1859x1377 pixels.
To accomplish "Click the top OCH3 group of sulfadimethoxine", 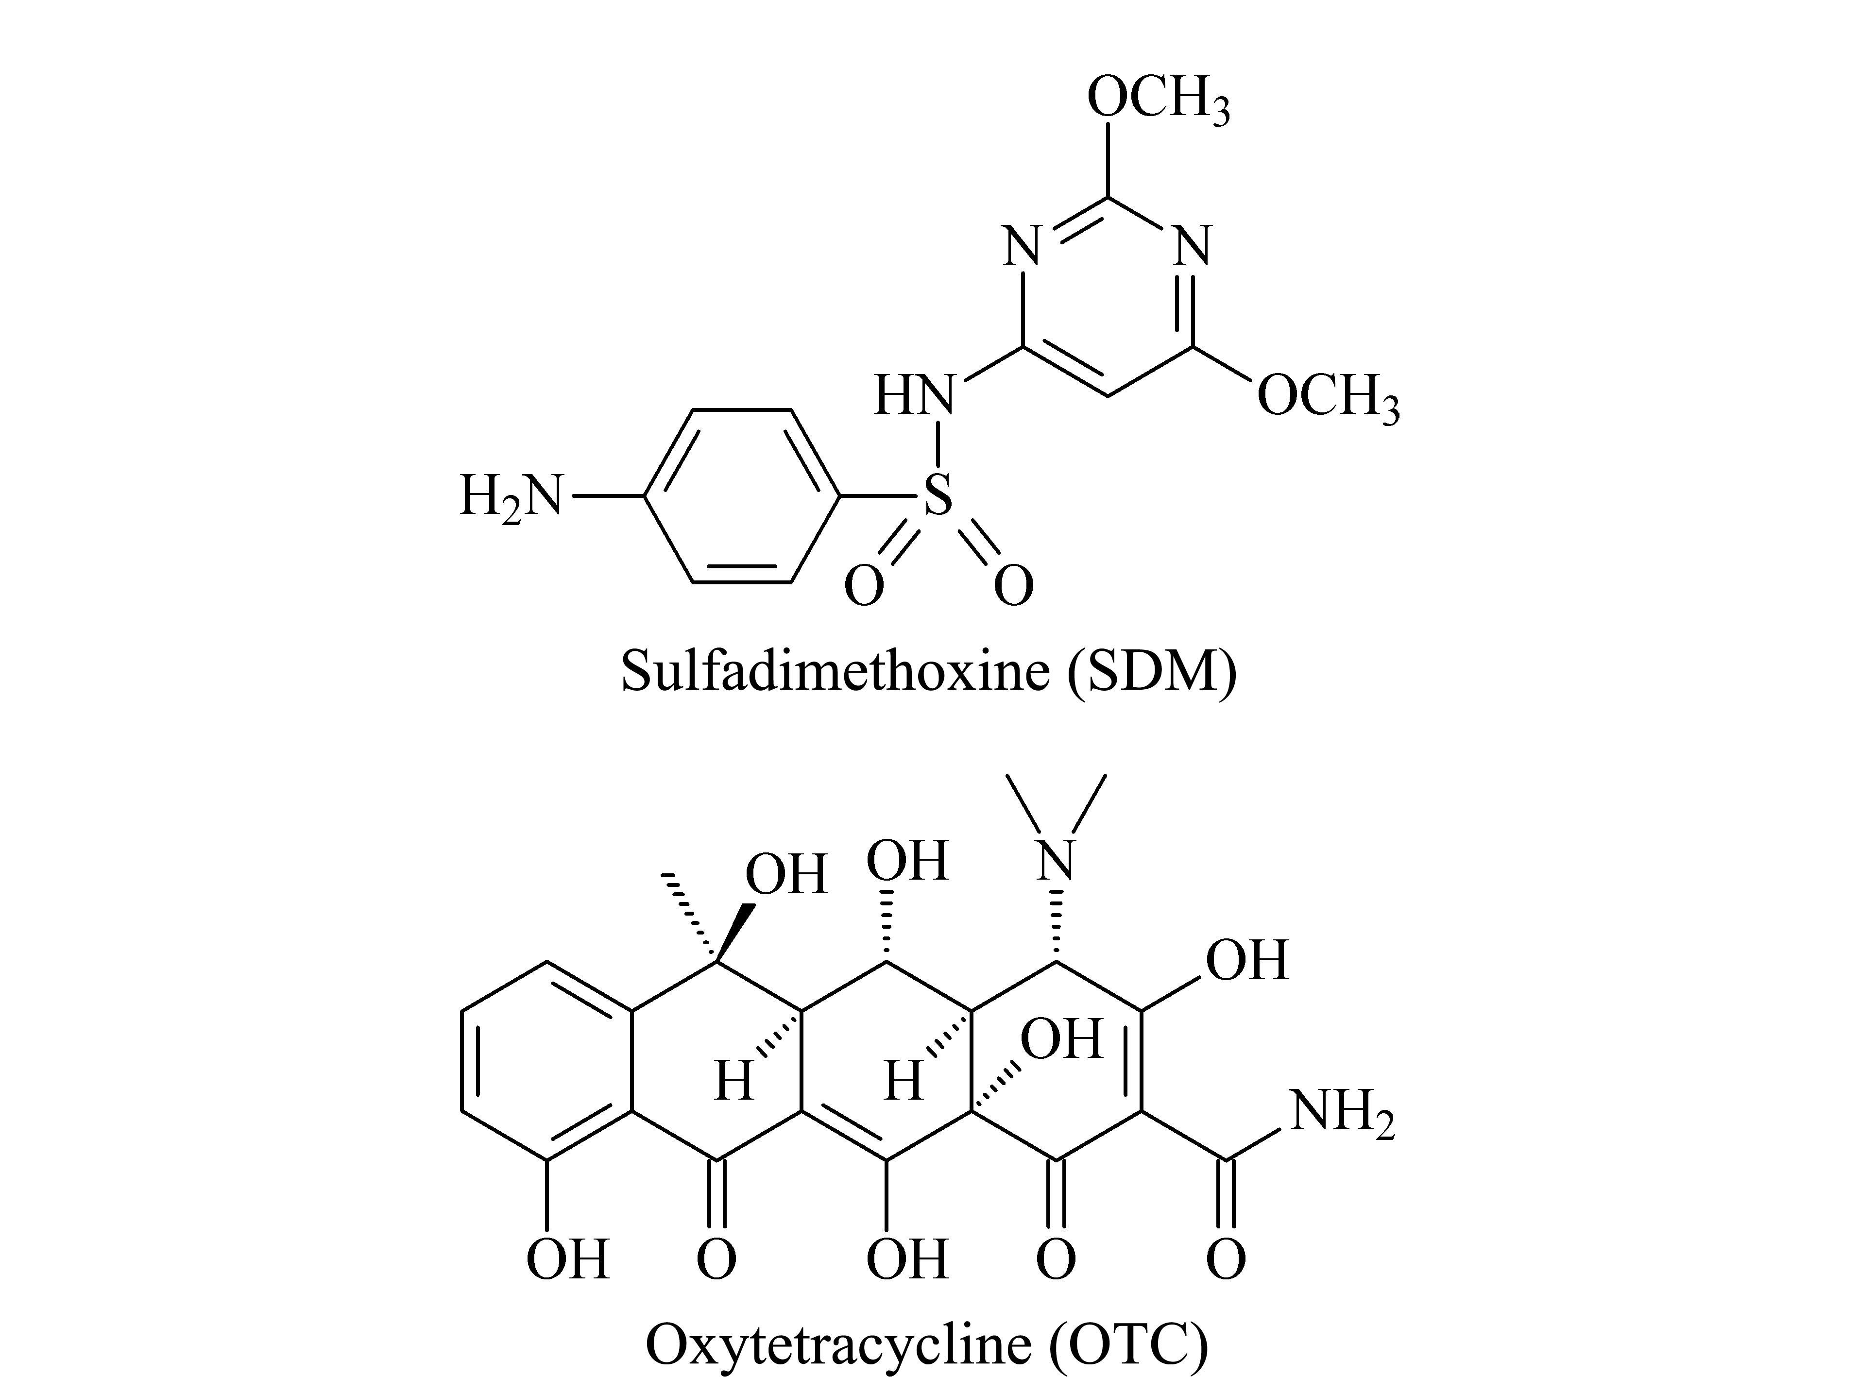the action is point(1158,98).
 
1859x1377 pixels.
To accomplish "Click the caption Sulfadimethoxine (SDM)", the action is point(929,671).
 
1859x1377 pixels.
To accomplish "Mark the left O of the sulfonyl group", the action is point(865,586).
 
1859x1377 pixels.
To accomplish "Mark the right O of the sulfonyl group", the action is point(1014,586).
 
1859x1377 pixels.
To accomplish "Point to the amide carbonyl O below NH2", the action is point(1226,1258).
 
